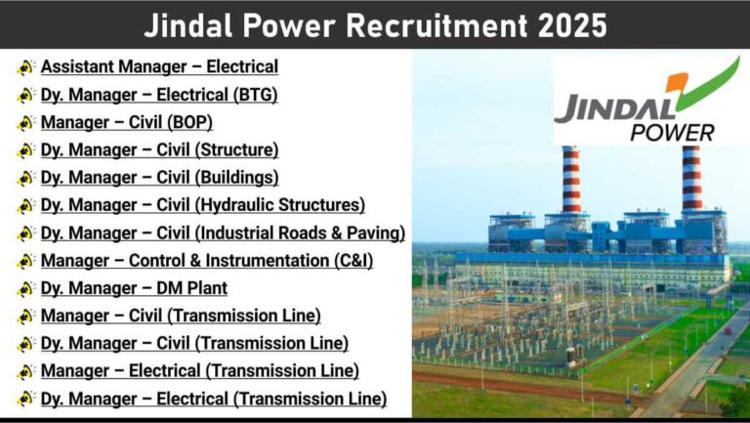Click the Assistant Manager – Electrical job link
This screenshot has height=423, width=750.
[159, 66]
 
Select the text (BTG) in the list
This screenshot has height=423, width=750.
[256, 94]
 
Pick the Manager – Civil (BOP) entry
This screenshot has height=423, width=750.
[127, 122]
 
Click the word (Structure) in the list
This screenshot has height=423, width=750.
[236, 149]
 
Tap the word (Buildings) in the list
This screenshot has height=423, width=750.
[236, 178]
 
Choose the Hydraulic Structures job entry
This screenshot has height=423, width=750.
[203, 205]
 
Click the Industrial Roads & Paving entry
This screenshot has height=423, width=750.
[223, 233]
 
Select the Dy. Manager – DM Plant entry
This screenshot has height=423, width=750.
[134, 288]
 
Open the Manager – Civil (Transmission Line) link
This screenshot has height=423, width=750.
[181, 316]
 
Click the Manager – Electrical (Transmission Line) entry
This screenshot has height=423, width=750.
[200, 371]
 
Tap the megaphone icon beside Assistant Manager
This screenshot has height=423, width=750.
[25, 67]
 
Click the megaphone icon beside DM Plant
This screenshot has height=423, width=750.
[25, 288]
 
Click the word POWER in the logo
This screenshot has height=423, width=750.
[672, 133]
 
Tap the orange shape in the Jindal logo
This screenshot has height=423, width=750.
[679, 82]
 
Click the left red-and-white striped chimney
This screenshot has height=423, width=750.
[571, 180]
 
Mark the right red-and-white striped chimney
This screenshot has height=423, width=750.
[692, 178]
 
